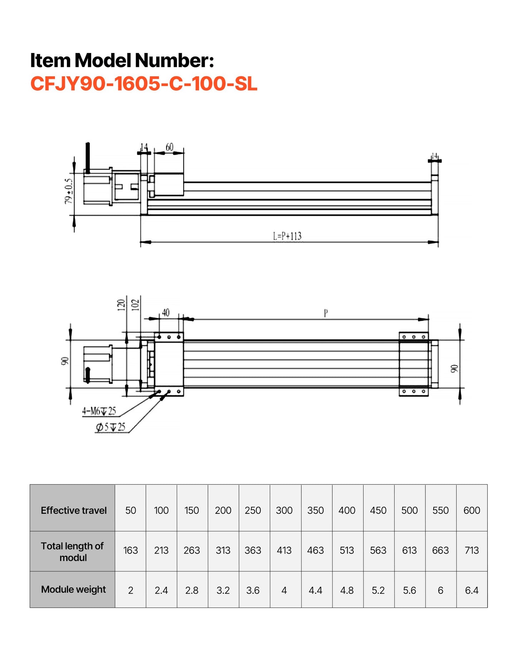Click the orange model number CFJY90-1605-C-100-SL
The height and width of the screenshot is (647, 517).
coord(144,84)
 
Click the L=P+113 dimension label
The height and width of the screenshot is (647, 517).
coord(287,236)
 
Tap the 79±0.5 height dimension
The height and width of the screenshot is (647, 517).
coord(69,191)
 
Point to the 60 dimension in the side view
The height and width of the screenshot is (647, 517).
coord(169,147)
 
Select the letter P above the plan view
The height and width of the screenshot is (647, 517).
coord(326,313)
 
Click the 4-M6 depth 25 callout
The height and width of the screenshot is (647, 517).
coord(99,411)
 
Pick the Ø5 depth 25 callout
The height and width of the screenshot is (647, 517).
coord(111,427)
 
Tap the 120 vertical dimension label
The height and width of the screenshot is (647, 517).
coord(121,305)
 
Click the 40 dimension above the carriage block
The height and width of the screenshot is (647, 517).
coord(166,313)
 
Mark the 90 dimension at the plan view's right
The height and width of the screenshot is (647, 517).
coord(454,369)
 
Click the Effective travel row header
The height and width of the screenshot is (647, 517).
coord(73,510)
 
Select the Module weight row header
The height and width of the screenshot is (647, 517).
coord(73,589)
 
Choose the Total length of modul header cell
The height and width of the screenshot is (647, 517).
coord(73,551)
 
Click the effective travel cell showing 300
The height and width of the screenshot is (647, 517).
coord(284,510)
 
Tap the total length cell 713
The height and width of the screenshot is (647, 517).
coord(472,550)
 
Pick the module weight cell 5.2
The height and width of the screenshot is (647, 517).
coord(378,590)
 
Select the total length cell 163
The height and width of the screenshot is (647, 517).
coord(131,550)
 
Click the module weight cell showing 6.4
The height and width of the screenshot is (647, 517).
coord(472,590)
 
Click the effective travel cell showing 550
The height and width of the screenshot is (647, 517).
coord(440,510)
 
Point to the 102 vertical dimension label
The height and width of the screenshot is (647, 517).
coord(135,305)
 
